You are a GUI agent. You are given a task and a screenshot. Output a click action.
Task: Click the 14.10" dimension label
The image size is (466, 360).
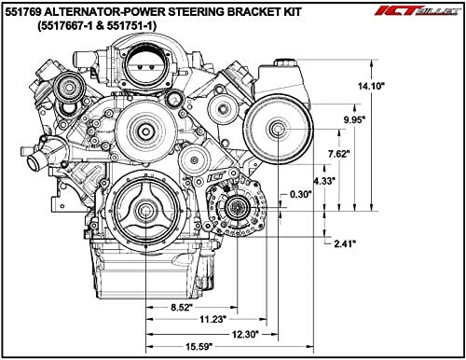pyautogui.click(x=371, y=86)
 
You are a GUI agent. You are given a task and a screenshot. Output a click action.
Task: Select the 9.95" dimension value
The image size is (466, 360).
pyautogui.click(x=354, y=119)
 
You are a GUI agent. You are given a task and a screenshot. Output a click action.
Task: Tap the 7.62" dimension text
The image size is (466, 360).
pyautogui.click(x=339, y=154)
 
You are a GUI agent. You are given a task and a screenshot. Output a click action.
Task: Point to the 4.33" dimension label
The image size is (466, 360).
pyautogui.click(x=324, y=181)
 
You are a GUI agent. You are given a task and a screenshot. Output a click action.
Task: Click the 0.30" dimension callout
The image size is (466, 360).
pyautogui.click(x=300, y=195)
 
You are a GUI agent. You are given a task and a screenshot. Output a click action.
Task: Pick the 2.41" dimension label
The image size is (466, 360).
pyautogui.click(x=345, y=243)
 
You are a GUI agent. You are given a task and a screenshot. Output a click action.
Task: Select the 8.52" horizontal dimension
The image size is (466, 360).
pyautogui.click(x=182, y=308)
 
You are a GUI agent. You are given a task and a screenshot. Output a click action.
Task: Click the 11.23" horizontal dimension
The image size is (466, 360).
pyautogui.click(x=212, y=319)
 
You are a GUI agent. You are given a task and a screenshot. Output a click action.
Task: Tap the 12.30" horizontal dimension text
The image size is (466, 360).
pyautogui.click(x=245, y=335)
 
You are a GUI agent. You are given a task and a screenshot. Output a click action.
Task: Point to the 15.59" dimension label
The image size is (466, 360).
pyautogui.click(x=199, y=347)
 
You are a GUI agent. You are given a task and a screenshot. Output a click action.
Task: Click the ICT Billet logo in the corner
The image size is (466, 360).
pyautogui.click(x=418, y=11)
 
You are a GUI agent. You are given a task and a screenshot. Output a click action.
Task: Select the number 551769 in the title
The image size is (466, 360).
pyautogui.click(x=23, y=12)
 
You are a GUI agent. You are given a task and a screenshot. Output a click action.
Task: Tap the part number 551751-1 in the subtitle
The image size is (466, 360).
pyautogui.click(x=130, y=26)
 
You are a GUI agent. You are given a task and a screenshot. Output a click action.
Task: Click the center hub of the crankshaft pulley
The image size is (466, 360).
pyautogui.click(x=146, y=211)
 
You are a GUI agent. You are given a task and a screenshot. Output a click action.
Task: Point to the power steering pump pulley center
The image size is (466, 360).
pyautogui.click(x=278, y=129)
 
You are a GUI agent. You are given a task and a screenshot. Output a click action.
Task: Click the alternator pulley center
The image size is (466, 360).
pyautogui.click(x=237, y=208)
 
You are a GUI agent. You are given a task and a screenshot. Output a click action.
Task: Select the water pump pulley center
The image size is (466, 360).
pyautogui.click(x=145, y=132)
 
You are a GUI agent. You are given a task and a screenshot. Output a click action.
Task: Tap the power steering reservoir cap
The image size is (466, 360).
pyautogui.click(x=283, y=62)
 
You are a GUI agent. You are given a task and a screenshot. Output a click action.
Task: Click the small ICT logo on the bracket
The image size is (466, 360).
pyautogui.click(x=215, y=177)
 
